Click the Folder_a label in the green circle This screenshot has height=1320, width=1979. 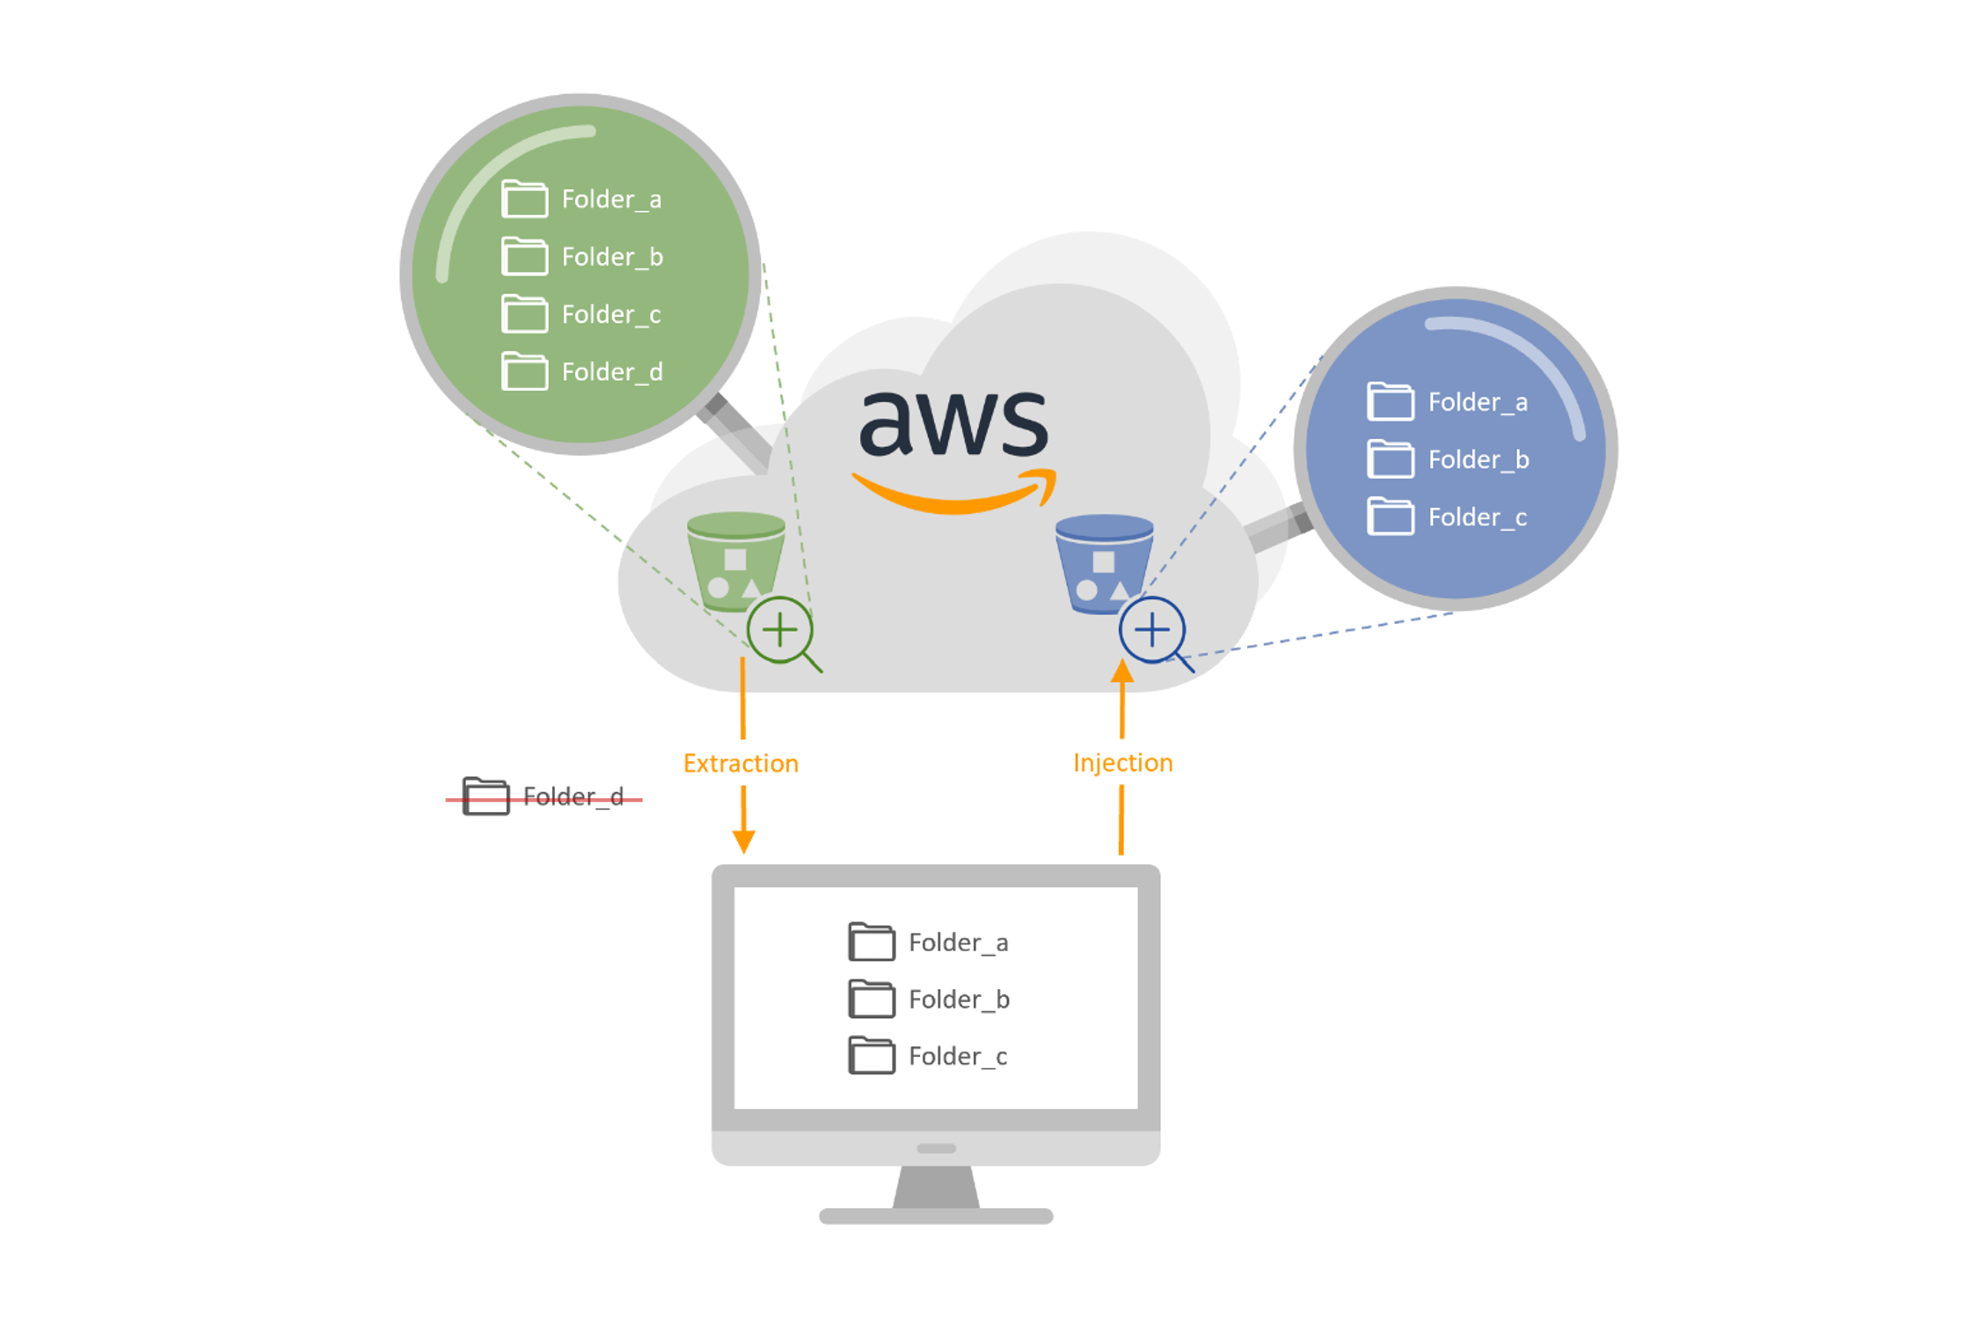(611, 200)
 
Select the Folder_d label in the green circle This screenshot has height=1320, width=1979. (612, 372)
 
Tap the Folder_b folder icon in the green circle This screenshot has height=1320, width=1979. (524, 256)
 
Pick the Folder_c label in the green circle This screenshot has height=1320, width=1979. (611, 315)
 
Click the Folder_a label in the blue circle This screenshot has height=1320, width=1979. (1478, 403)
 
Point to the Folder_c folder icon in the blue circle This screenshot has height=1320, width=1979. (1391, 517)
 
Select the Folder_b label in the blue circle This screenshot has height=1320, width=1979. (1479, 460)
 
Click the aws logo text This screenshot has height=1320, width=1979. (954, 424)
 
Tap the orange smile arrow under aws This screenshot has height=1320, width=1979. (954, 494)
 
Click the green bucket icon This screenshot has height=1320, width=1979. (735, 560)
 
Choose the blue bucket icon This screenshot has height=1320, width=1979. (1104, 562)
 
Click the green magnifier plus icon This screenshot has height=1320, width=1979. (780, 630)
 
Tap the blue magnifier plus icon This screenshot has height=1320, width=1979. (1152, 630)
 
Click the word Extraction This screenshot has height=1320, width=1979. (741, 764)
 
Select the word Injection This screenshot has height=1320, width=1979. (1122, 763)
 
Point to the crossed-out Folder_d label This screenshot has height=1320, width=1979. (573, 797)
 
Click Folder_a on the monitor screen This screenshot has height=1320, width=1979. (958, 943)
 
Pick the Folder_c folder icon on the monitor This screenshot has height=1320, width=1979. (872, 1056)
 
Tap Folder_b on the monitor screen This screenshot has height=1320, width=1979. (959, 1001)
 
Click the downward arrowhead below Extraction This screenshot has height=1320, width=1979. (743, 841)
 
